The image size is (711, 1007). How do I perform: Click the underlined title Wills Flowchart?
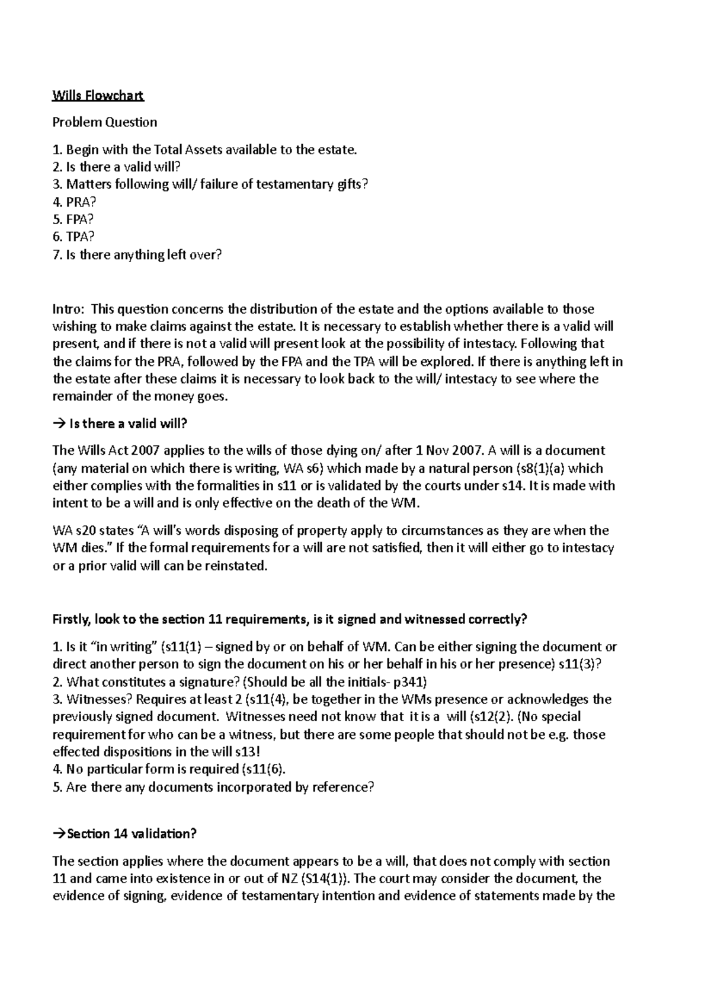coord(98,95)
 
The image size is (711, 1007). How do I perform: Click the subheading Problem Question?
coord(105,123)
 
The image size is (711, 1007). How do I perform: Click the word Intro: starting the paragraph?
coord(69,309)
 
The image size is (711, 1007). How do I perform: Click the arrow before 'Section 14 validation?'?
coord(58,834)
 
